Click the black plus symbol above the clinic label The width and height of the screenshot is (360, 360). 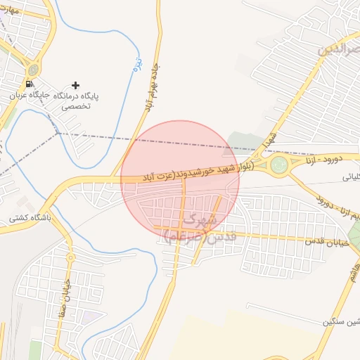coord(75,85)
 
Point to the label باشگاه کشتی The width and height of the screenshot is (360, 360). coord(29,219)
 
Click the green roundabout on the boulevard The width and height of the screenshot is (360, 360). coord(280,166)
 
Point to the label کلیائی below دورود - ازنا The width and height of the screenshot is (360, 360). coord(349,177)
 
